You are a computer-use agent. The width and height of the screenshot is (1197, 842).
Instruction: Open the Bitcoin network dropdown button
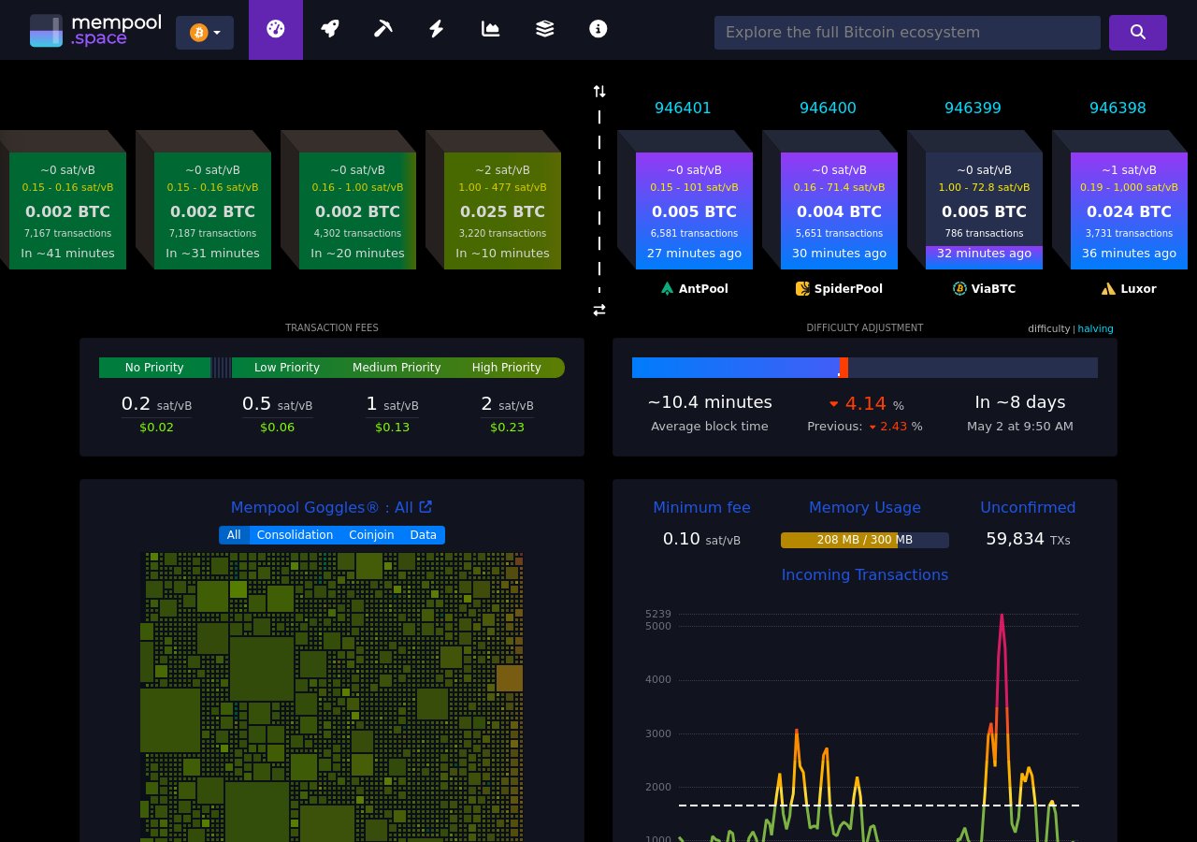tap(205, 33)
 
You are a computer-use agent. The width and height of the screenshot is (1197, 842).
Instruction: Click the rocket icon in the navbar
tap(329, 29)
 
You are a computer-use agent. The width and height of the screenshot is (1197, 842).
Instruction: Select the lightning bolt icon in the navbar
tap(437, 29)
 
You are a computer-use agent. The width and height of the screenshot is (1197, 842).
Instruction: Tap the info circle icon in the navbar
tap(598, 29)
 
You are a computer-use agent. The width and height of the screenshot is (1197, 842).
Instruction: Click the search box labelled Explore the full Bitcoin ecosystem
tap(906, 33)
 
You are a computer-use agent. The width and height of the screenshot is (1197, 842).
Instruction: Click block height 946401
tap(683, 109)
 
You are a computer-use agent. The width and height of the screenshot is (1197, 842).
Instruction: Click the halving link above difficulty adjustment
tap(1095, 329)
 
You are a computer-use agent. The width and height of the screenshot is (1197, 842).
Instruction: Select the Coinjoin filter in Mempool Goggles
tap(371, 535)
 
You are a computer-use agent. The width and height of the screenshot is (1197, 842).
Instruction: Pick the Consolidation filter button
tap(295, 535)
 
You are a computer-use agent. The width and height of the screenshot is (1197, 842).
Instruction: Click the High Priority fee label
tap(506, 368)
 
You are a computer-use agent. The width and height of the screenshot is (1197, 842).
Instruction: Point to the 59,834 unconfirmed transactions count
tap(1015, 539)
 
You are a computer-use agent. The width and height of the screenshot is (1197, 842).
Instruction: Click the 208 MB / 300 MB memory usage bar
tap(864, 540)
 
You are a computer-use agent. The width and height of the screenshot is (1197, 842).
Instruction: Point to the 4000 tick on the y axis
tap(657, 679)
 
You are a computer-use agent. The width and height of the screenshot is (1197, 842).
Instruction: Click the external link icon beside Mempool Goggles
tap(425, 507)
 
